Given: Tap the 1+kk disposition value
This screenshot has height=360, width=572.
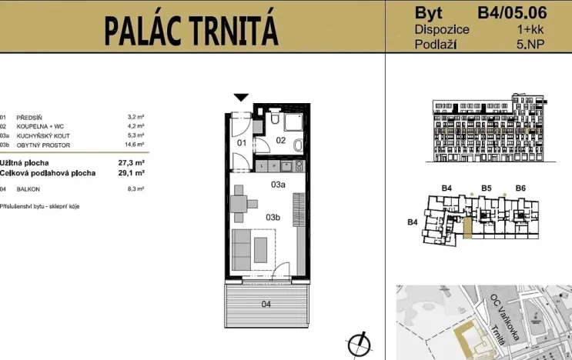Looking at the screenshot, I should (530, 29).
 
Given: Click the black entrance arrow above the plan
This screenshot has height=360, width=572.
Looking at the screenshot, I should (241, 97).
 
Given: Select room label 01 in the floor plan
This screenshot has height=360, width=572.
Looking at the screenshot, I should (241, 142).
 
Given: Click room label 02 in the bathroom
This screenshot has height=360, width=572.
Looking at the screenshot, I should (280, 140).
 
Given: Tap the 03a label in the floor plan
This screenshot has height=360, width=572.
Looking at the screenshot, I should (278, 185).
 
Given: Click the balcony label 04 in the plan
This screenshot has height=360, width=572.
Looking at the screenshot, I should (266, 304).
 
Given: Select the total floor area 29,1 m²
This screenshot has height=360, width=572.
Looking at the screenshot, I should (133, 173).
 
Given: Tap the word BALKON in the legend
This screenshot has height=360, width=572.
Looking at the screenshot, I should (27, 188).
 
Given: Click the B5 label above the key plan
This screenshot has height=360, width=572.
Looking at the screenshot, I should (486, 187).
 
